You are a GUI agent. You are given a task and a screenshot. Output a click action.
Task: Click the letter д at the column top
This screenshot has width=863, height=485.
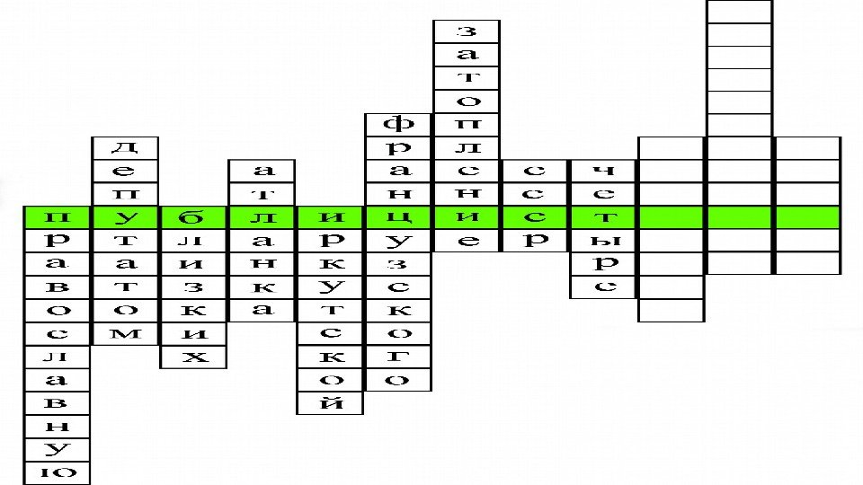(x=126, y=146)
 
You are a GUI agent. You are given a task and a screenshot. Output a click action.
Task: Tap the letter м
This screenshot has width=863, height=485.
(x=126, y=333)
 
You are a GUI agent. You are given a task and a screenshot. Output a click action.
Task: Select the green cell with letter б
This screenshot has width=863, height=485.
(x=194, y=216)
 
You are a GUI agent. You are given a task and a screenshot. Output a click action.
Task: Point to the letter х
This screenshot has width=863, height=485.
(x=194, y=357)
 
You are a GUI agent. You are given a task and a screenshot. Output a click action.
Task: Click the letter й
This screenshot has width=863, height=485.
(x=331, y=403)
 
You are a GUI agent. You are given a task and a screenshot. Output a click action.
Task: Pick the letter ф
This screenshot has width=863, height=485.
(x=399, y=123)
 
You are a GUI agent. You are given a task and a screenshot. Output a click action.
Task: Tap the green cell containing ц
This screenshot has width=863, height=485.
(x=399, y=216)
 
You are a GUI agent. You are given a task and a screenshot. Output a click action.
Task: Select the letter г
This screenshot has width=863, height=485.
(x=399, y=357)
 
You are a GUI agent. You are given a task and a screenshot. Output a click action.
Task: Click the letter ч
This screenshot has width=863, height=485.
(x=604, y=170)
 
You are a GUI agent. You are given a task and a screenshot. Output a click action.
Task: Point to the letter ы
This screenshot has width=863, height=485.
(x=604, y=240)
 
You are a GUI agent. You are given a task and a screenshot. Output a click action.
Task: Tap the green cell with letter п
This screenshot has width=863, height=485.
(x=58, y=216)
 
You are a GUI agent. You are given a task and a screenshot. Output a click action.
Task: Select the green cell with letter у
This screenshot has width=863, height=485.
(x=126, y=216)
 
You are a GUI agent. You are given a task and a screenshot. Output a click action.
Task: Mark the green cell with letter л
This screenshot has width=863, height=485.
(x=262, y=216)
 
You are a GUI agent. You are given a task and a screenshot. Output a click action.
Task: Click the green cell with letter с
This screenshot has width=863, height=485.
(x=536, y=216)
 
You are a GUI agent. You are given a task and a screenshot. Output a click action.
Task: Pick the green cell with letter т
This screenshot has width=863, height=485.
(x=604, y=216)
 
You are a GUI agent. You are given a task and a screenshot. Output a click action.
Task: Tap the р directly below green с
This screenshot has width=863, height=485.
(x=536, y=240)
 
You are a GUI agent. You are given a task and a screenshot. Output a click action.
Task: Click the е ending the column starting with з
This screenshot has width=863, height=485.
(x=467, y=240)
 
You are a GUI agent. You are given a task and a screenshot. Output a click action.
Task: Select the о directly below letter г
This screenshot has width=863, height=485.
(x=399, y=380)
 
